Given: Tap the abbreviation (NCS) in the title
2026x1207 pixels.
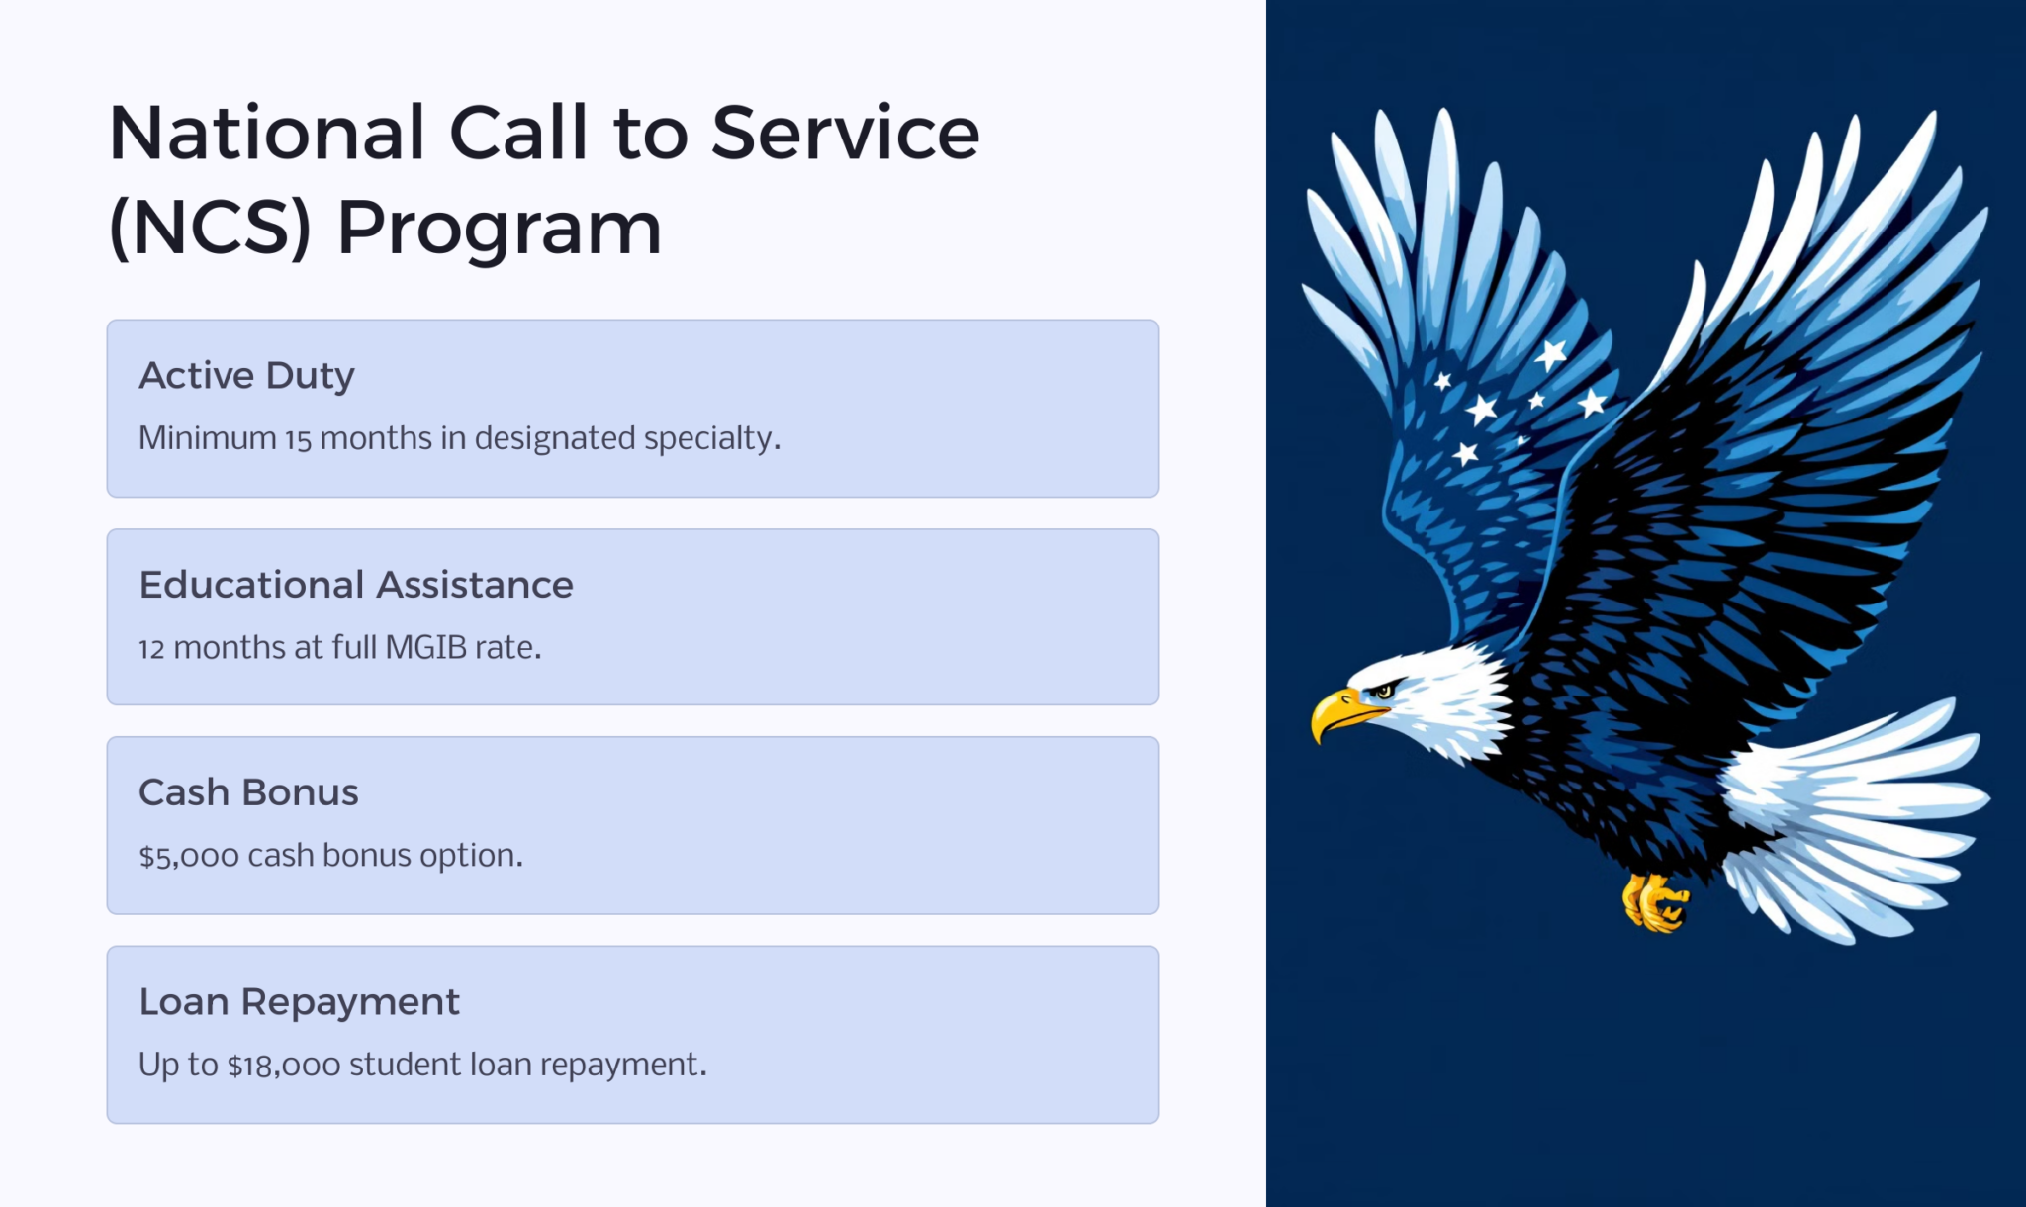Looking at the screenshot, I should click(210, 229).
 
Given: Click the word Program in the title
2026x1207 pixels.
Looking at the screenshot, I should click(499, 229).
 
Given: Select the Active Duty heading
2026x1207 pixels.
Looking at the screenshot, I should click(246, 376).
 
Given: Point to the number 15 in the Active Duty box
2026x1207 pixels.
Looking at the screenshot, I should click(298, 439).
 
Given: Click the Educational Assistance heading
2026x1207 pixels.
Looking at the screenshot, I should click(356, 585).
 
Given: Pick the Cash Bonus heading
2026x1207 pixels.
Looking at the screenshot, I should click(248, 792).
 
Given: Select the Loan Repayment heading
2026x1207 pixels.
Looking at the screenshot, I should click(299, 1002).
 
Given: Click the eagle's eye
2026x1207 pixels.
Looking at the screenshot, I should click(1384, 691).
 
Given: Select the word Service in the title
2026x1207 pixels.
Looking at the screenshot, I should click(846, 134).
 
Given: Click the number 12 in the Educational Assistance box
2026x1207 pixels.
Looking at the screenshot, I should click(150, 649).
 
